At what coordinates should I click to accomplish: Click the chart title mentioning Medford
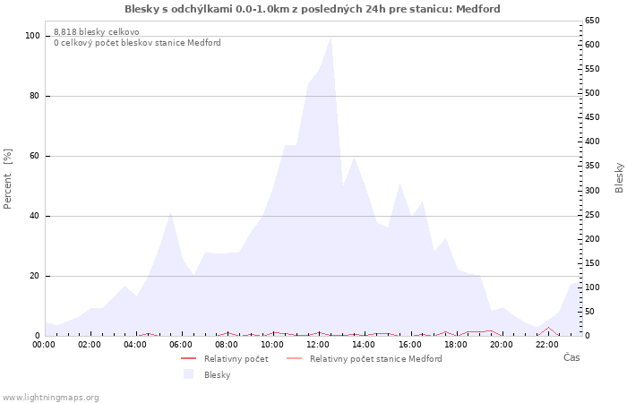pos(313,9)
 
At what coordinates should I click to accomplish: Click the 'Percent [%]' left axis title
pos(8,178)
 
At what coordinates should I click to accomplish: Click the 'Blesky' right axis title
pos(619,177)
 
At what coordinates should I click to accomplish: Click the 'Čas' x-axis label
pos(571,357)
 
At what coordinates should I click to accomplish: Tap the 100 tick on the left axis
pos(33,36)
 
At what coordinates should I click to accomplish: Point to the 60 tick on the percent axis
pos(33,156)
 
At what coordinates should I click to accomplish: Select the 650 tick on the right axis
pos(593,20)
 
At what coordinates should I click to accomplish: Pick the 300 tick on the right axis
pos(593,190)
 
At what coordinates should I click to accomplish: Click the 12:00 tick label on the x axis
pos(318,343)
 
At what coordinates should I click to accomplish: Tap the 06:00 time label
pos(181,343)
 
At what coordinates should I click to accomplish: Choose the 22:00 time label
pos(546,343)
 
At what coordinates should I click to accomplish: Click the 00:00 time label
pos(44,343)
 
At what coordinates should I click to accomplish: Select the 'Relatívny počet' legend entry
pos(236,359)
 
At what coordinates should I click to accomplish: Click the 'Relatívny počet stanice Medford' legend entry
pos(375,359)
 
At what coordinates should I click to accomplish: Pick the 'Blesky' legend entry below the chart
pos(217,374)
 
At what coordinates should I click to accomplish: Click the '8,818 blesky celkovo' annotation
pos(97,31)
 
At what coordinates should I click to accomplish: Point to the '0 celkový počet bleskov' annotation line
pos(137,43)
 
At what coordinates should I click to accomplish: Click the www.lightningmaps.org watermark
pos(51,397)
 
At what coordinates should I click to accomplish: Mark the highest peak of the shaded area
pos(331,38)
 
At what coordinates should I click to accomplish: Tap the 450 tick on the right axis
pos(593,117)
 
